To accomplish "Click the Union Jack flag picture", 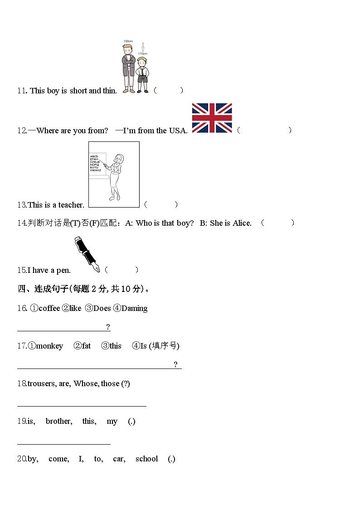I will click(x=212, y=118).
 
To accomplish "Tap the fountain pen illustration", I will click(x=88, y=254).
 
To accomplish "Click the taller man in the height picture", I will click(x=128, y=68).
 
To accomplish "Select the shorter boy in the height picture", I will click(x=142, y=74).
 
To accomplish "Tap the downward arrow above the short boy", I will click(x=143, y=47).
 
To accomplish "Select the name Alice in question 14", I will click(x=241, y=223).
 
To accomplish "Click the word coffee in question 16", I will click(x=49, y=308).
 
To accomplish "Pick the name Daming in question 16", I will click(x=135, y=308).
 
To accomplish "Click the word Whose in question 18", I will click(x=85, y=383).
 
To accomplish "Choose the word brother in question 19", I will click(x=58, y=421).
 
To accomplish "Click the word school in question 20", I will click(x=146, y=459).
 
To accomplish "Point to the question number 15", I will click(x=22, y=270).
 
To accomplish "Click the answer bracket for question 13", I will click(x=161, y=204).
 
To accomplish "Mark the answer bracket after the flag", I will click(x=264, y=131).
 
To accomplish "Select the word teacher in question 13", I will click(x=71, y=205).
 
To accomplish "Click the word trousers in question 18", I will click(x=42, y=383).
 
